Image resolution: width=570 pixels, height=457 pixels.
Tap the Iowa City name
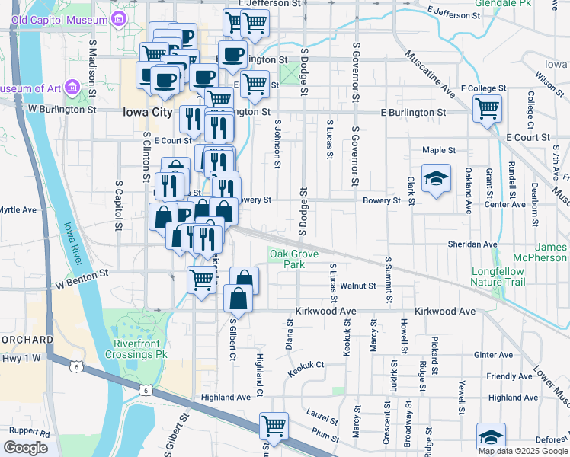pyautogui.click(x=148, y=111)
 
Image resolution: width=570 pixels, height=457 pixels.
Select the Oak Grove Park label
pyautogui.click(x=287, y=259)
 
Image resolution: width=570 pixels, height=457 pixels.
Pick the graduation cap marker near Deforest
pyautogui.click(x=491, y=436)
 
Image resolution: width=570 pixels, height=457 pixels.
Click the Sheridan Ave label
pyautogui.click(x=472, y=244)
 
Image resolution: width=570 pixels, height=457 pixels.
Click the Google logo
pyautogui.click(x=25, y=448)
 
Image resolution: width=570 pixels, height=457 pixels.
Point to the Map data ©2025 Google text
pyautogui.click(x=522, y=451)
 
